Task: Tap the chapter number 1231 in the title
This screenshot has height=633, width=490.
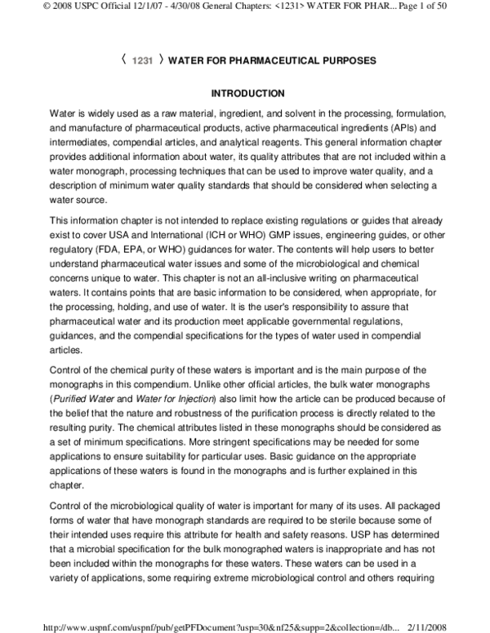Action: click(x=143, y=61)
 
